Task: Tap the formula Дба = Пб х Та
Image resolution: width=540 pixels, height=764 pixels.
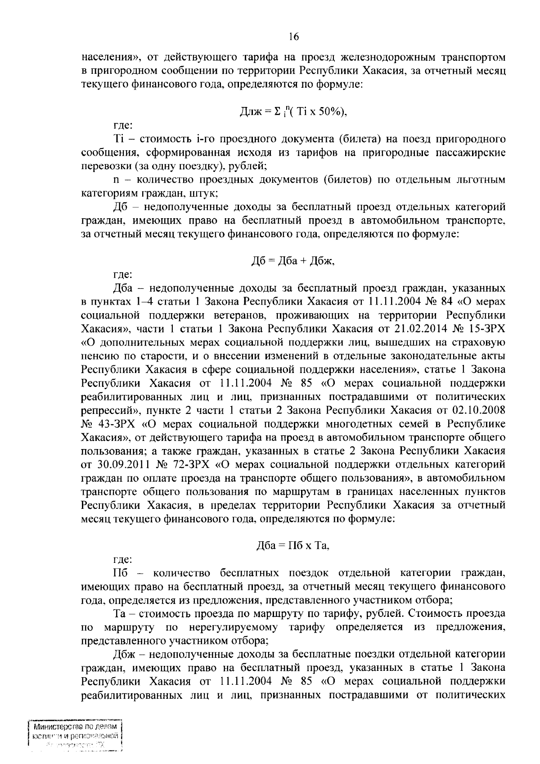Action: pos(292,546)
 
